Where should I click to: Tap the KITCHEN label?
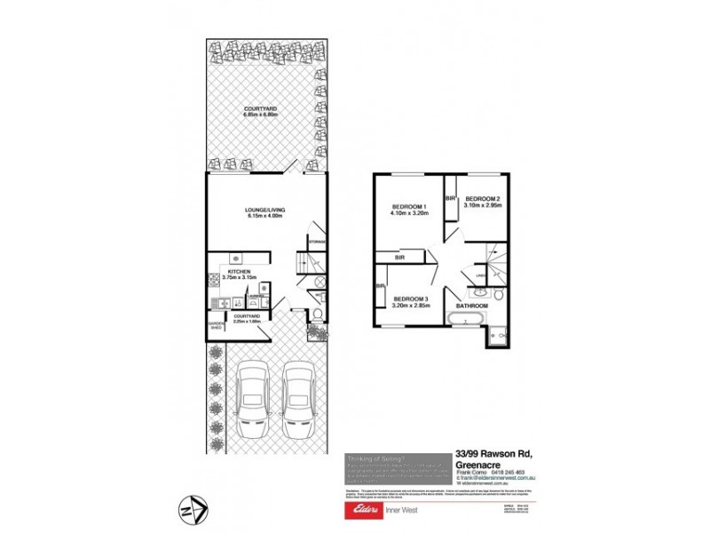(x=239, y=270)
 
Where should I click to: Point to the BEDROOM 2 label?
(x=484, y=198)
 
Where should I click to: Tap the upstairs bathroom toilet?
(x=501, y=296)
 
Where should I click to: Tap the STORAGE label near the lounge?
(x=318, y=242)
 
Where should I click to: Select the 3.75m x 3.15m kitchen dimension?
(x=239, y=276)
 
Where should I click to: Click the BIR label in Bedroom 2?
(x=450, y=198)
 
